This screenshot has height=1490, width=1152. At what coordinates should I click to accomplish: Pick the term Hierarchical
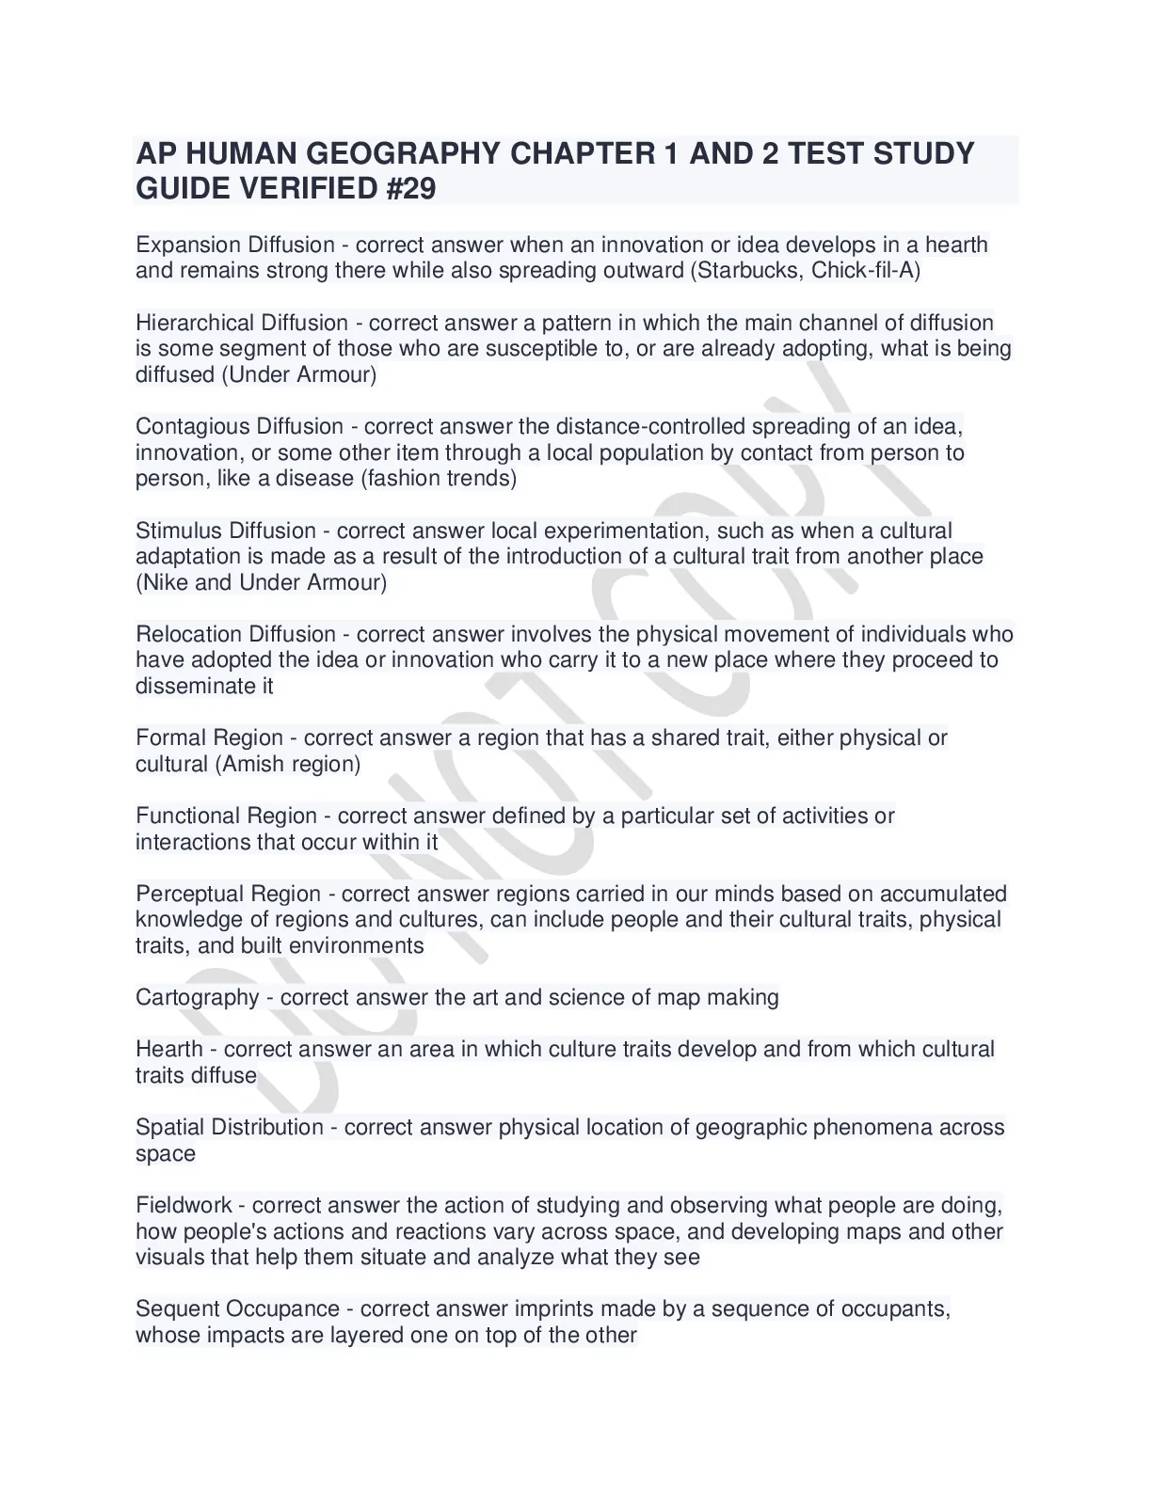pyautogui.click(x=195, y=323)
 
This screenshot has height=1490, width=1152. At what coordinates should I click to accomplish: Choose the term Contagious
pyautogui.click(x=192, y=426)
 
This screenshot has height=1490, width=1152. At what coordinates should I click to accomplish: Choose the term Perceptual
pyautogui.click(x=188, y=894)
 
